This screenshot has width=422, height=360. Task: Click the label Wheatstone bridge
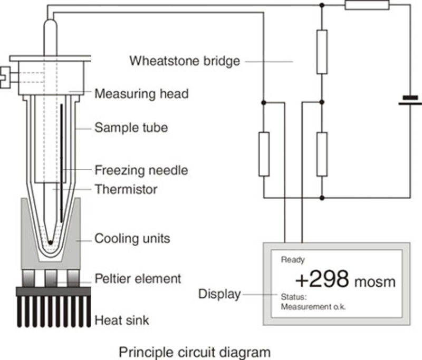point(185,61)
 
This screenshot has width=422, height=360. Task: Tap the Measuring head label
point(141,94)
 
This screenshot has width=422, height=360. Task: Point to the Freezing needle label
point(141,170)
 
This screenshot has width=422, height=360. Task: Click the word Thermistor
point(126,188)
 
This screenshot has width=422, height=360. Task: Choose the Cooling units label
point(132,238)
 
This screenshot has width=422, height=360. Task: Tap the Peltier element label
point(138,278)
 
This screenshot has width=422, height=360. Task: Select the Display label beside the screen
point(219,294)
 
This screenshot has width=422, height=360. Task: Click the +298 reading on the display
point(321,279)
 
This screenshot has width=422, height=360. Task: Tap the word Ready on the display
point(293,260)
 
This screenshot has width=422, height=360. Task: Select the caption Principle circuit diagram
point(194,351)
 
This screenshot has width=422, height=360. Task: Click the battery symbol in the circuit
point(409,100)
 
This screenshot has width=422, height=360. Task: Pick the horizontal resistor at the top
point(367,5)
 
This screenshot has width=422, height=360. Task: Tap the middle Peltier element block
point(51,277)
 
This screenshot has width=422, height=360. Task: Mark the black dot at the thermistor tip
point(50,242)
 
